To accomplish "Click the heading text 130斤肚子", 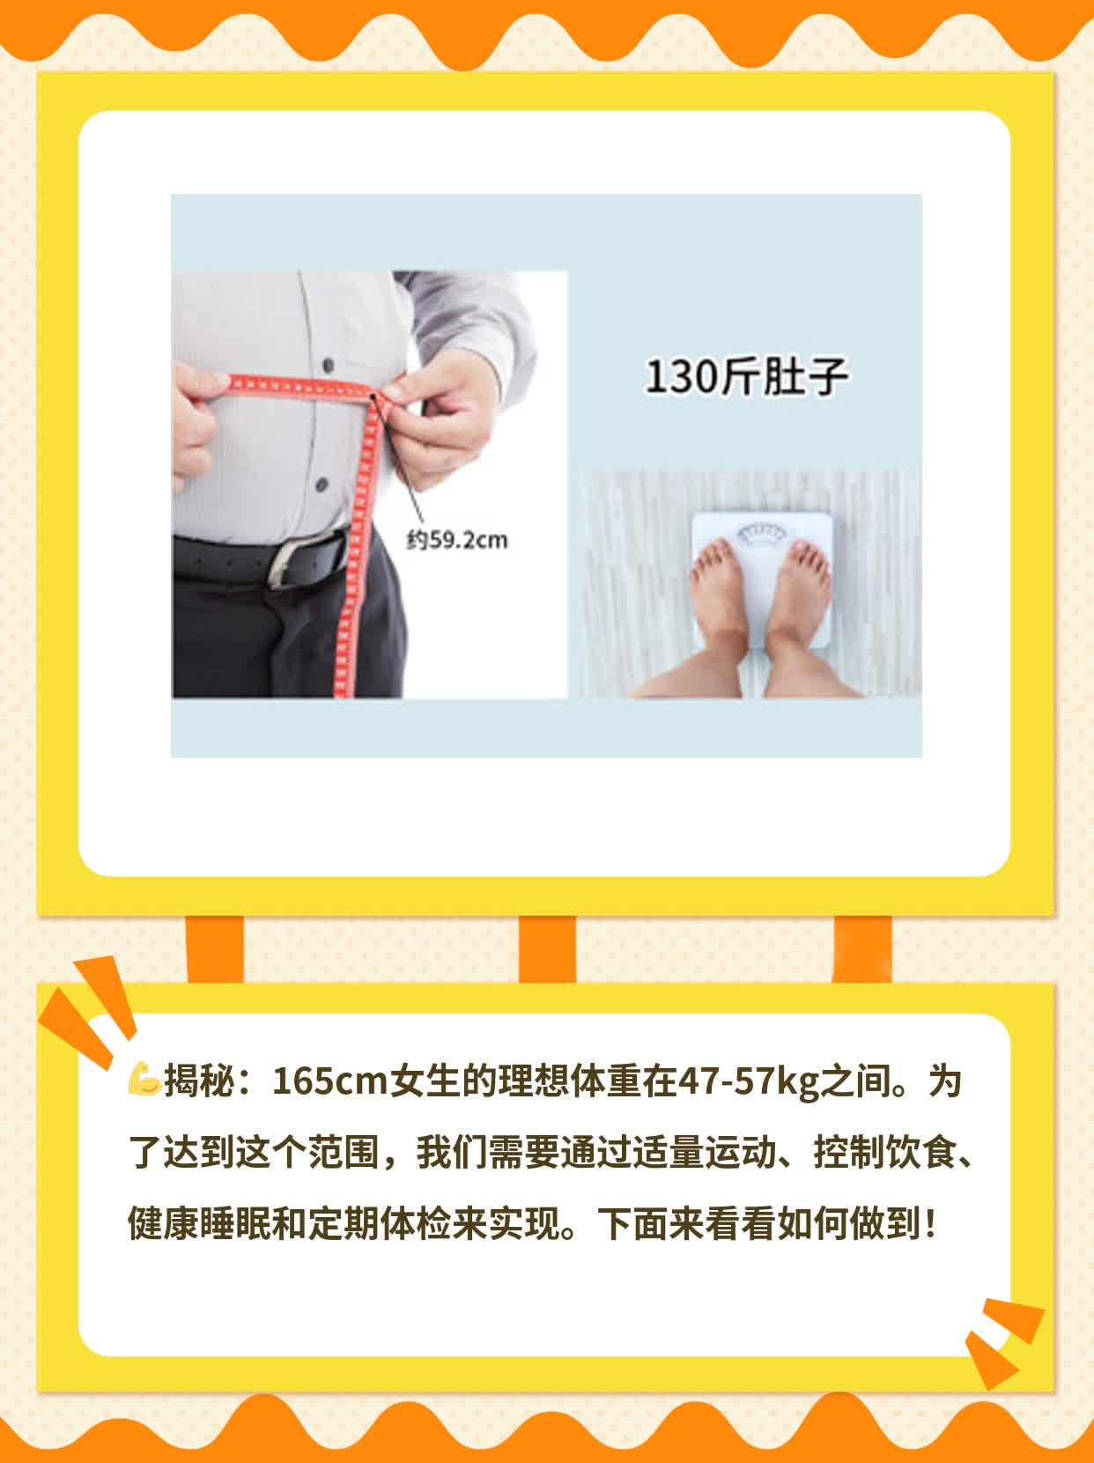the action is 746,377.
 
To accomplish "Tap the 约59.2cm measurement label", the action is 457,540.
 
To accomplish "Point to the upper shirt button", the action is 329,365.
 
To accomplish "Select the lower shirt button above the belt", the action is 321,483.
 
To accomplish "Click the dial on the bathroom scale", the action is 761,534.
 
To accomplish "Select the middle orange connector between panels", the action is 547,949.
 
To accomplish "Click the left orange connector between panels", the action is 215,949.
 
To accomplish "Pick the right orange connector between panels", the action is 862,949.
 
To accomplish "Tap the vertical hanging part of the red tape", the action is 356,546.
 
